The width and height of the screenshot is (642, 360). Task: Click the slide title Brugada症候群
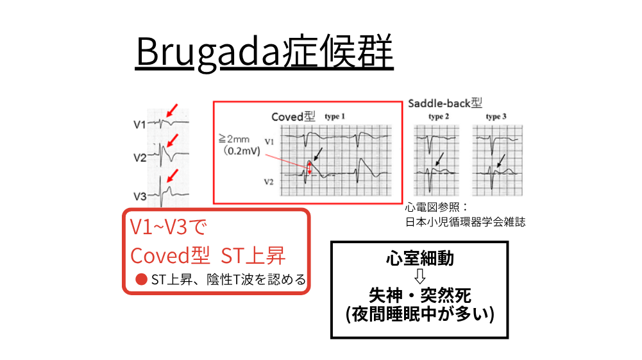(x=264, y=53)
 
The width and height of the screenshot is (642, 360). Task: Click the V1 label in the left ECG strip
(x=140, y=124)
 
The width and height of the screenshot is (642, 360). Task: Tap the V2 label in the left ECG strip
(x=140, y=157)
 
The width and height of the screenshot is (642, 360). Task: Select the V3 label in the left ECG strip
(x=140, y=196)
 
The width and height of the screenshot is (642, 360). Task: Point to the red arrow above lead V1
(x=171, y=111)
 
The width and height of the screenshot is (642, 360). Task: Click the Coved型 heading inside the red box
(x=294, y=117)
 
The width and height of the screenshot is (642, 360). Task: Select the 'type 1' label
(x=335, y=117)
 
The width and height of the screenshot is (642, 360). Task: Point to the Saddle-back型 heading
(x=444, y=103)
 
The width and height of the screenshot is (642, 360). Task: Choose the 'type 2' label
(x=439, y=117)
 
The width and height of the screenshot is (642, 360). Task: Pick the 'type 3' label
(x=496, y=117)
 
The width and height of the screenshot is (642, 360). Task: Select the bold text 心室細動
(x=419, y=258)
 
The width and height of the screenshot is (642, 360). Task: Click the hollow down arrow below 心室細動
(x=419, y=277)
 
